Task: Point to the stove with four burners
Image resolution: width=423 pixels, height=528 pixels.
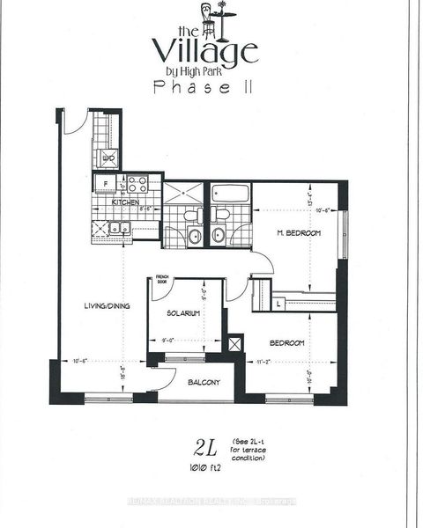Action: point(137,185)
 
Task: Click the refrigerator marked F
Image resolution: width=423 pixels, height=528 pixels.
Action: point(105,185)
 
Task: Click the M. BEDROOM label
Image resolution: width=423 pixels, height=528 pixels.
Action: point(300,233)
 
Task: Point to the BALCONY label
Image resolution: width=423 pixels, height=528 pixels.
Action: point(202,383)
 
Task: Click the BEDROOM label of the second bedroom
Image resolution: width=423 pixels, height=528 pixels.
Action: point(286,342)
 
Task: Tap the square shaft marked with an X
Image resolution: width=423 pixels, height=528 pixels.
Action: point(234,343)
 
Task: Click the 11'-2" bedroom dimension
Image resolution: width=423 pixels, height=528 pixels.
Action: point(263,362)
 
